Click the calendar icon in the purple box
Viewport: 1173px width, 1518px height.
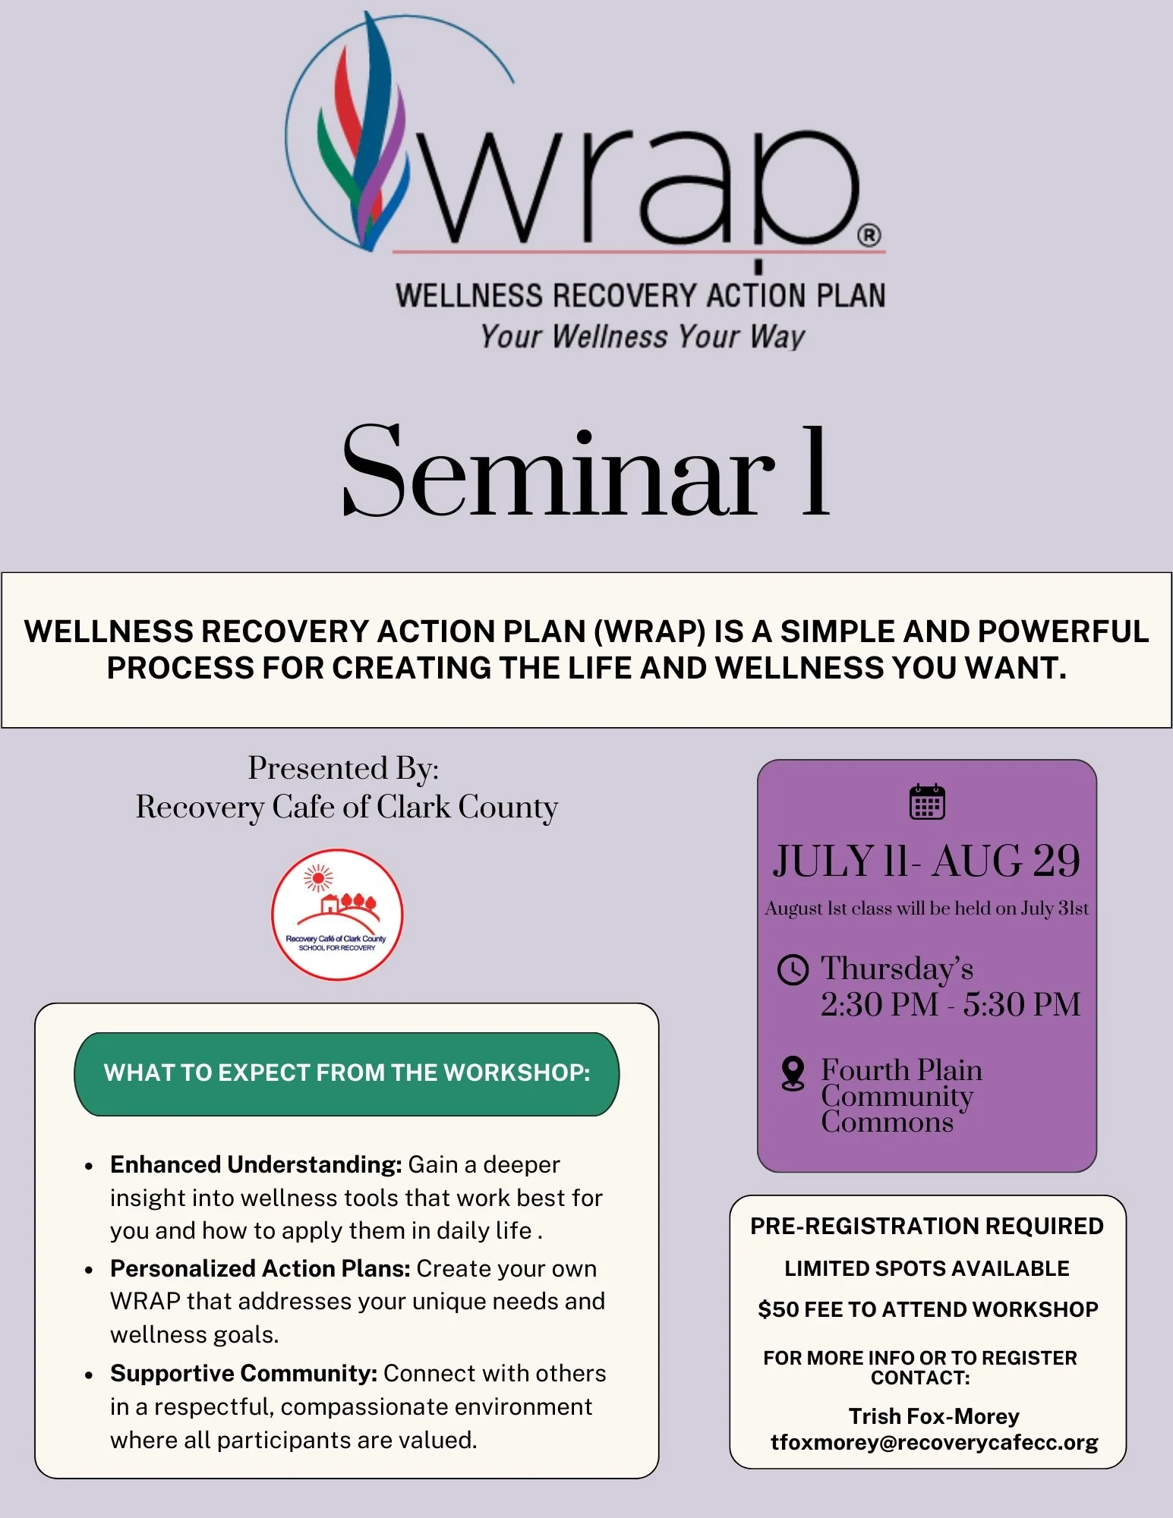927,802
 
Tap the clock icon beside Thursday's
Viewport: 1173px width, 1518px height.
793,970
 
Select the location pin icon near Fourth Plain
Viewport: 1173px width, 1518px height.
793,1074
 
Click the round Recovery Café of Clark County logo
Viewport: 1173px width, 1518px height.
337,915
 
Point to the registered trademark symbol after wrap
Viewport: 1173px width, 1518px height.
869,235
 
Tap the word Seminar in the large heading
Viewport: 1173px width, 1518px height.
558,472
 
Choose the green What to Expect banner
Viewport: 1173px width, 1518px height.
347,1073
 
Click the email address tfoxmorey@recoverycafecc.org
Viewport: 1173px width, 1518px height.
934,1443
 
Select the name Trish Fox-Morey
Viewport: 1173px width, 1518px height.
934,1416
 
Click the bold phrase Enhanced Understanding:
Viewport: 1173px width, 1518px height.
256,1164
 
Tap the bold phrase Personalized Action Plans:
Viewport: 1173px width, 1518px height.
260,1268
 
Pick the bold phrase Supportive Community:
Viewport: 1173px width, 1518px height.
244,1373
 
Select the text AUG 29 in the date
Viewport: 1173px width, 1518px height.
1006,861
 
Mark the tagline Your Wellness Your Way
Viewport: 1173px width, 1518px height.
642,336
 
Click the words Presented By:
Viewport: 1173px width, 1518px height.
343,768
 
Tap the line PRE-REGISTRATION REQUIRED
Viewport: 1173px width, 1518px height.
927,1227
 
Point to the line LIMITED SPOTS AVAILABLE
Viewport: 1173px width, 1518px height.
927,1268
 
